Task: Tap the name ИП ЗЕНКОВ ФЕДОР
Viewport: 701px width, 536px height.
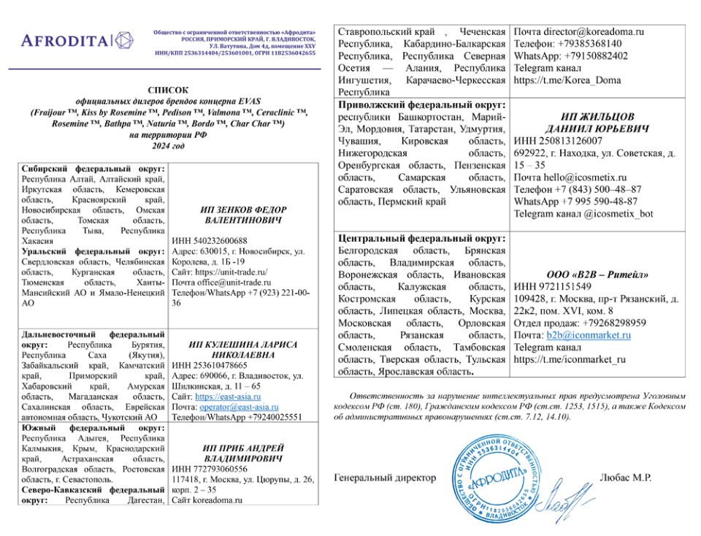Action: pyautogui.click(x=243, y=210)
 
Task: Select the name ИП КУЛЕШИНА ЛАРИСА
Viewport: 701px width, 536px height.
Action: pyautogui.click(x=243, y=344)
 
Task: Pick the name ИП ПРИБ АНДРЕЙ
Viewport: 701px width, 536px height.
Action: pyautogui.click(x=243, y=448)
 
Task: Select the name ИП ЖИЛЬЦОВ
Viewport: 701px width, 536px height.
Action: pyautogui.click(x=597, y=117)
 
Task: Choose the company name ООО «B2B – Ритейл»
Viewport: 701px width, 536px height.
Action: pyautogui.click(x=597, y=275)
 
